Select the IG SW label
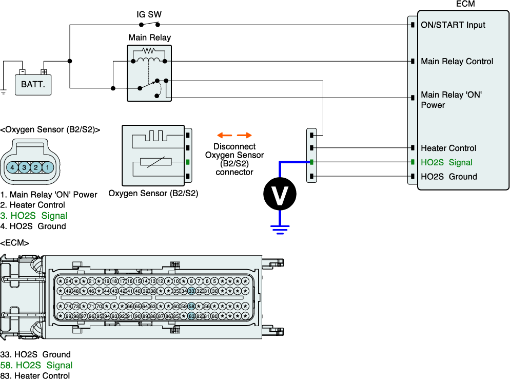click(x=149, y=14)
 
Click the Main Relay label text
click(x=149, y=37)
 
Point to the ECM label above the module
click(x=465, y=4)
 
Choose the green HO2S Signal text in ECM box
click(x=446, y=162)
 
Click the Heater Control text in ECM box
click(x=448, y=148)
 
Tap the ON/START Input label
click(x=453, y=25)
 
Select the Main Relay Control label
click(x=457, y=61)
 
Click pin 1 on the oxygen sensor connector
click(x=47, y=167)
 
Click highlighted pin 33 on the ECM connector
click(x=191, y=291)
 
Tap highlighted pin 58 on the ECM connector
click(x=191, y=306)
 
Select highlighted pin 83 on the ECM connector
click(x=191, y=316)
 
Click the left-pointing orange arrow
click(x=224, y=136)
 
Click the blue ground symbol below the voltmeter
click(x=280, y=228)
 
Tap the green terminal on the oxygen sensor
click(x=188, y=162)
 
